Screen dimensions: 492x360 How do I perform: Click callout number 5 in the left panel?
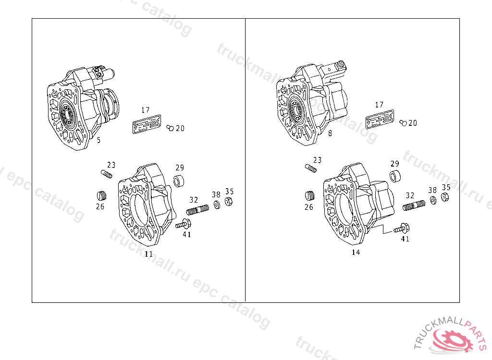(x=99, y=140)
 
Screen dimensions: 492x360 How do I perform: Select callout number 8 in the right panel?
(x=330, y=133)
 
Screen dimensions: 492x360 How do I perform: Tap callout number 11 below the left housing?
(x=149, y=254)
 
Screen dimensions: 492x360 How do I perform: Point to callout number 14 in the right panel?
(x=356, y=252)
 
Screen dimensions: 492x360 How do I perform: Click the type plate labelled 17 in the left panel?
(x=147, y=124)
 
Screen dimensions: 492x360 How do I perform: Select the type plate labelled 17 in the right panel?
(x=380, y=119)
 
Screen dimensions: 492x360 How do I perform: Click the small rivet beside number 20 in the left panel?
(x=170, y=128)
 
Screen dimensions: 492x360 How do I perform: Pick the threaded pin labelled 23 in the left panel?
(x=106, y=174)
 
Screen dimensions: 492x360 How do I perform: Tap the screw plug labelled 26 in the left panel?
(x=101, y=195)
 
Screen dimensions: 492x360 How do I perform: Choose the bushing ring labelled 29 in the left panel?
(x=179, y=180)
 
